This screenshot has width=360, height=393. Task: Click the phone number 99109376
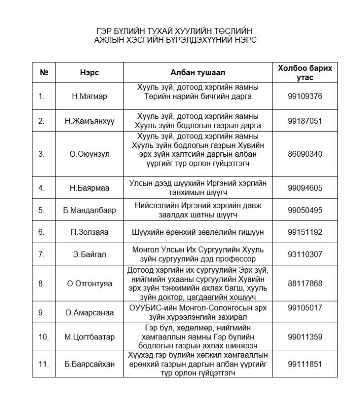[x=304, y=96]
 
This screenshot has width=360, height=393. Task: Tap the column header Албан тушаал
[x=198, y=72]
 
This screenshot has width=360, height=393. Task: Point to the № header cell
[x=44, y=72]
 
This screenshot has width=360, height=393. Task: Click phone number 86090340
[x=304, y=154]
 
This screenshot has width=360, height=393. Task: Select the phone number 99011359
[x=304, y=337]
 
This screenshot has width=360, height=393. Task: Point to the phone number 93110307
[x=304, y=254]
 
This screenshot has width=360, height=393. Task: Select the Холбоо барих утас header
[x=304, y=72]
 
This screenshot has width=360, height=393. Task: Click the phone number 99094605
[x=304, y=187]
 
